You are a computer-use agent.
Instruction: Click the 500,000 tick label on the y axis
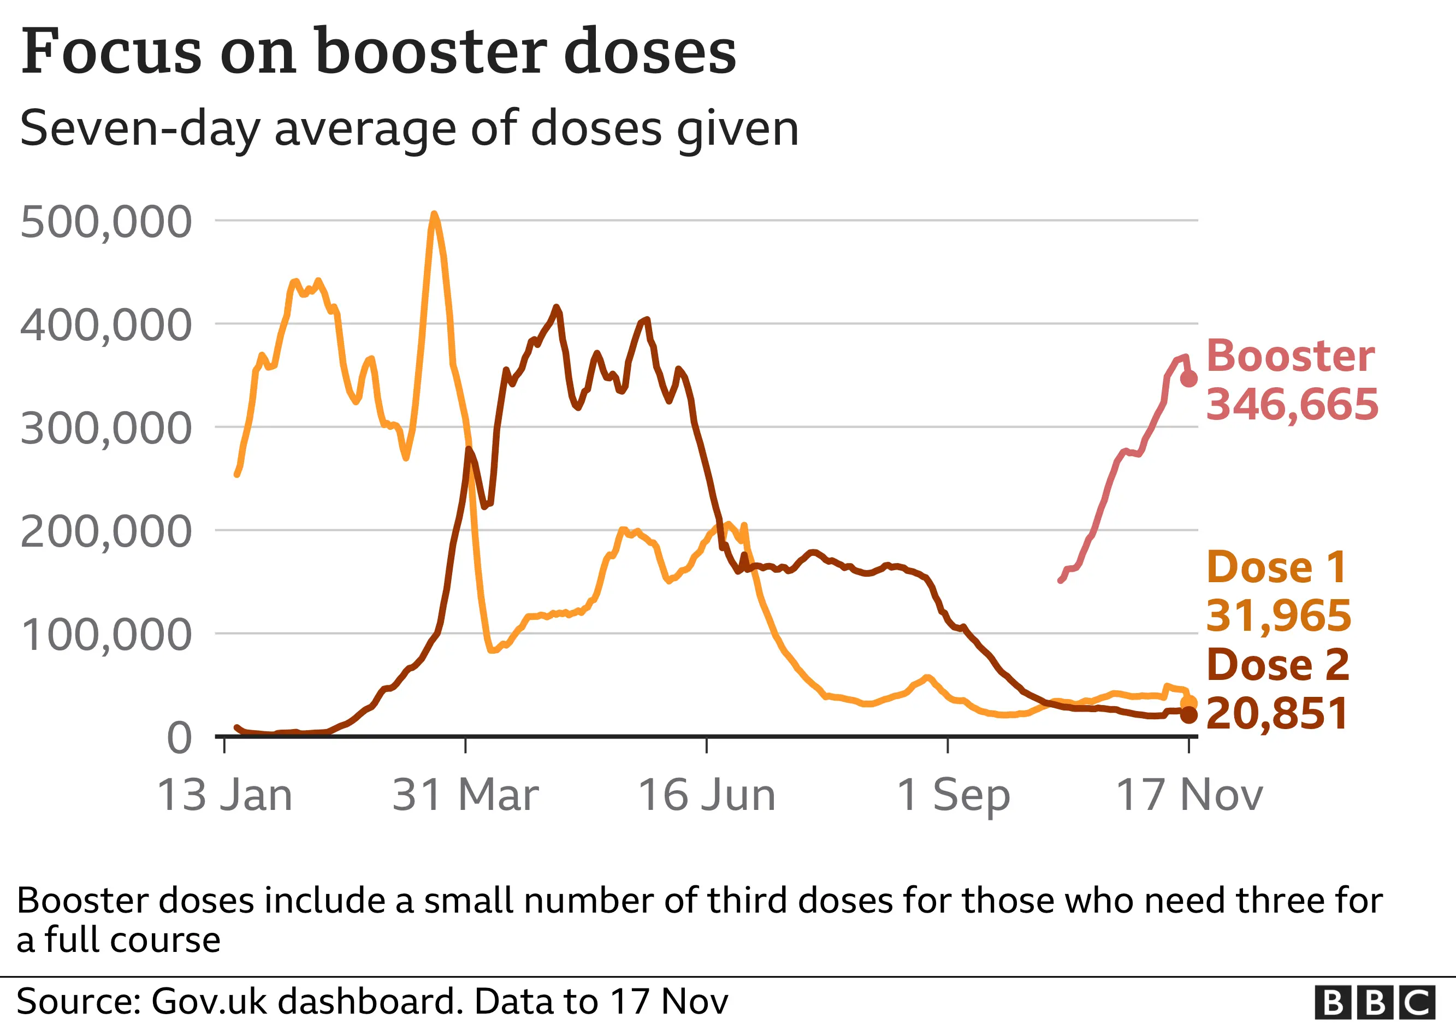coord(106,223)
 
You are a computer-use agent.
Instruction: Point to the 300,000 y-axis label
coord(106,429)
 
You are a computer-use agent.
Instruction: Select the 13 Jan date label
coord(224,795)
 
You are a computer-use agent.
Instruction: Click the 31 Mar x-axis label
coord(465,795)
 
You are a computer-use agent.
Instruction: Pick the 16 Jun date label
coord(707,795)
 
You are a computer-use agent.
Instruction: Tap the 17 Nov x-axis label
coord(1189,795)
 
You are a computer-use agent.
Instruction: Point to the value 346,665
coord(1292,405)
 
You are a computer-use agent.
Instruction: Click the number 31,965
coord(1278,615)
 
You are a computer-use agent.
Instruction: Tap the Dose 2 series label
coord(1278,665)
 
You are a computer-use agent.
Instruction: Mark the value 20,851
coord(1276,714)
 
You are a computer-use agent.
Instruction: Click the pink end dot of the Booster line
coord(1189,378)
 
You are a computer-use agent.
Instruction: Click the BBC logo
coord(1374,1003)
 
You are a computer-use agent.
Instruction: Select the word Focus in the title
coord(111,52)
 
